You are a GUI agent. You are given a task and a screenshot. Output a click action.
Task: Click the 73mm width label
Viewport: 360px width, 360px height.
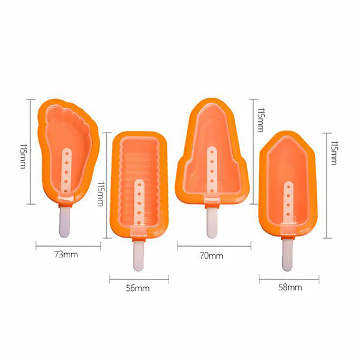point(66,254)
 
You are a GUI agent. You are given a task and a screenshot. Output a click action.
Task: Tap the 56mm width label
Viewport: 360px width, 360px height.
point(138,288)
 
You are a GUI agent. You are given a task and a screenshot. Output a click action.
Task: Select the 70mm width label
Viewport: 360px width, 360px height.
point(211,256)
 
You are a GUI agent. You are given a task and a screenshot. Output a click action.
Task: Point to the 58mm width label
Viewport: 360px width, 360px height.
point(290,287)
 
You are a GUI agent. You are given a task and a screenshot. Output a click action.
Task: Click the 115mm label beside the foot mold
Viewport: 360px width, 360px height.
point(23,156)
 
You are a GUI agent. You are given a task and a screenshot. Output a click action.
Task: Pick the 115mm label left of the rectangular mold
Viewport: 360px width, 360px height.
point(100,194)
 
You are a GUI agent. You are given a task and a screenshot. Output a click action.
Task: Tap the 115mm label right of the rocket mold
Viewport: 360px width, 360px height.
point(261,120)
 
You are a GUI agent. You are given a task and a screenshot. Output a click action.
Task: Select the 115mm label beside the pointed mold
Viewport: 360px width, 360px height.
point(334,152)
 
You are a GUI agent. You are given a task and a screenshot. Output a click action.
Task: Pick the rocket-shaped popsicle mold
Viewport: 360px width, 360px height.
point(212,152)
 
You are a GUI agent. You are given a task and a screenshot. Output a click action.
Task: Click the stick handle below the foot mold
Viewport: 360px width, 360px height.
point(65,221)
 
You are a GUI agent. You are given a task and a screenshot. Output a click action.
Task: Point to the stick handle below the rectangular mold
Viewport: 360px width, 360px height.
point(139,256)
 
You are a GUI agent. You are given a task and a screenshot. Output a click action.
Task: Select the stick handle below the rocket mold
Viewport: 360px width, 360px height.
point(212,223)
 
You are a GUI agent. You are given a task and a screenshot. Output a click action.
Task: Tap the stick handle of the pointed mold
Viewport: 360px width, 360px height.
point(287,256)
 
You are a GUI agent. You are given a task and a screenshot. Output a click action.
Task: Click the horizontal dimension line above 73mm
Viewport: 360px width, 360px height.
point(68,247)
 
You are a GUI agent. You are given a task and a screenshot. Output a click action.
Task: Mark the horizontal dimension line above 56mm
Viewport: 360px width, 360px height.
point(139,280)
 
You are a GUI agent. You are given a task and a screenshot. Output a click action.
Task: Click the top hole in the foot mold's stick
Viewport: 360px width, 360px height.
point(67,152)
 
